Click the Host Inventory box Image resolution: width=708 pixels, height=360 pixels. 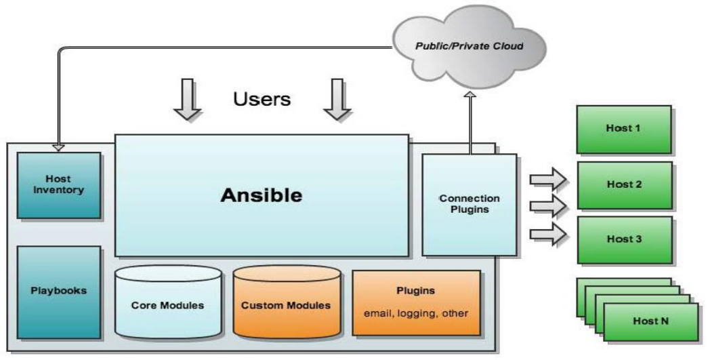[x=59, y=184]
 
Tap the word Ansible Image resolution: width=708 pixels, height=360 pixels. [x=261, y=195]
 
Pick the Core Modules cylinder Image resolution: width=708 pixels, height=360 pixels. [x=167, y=304]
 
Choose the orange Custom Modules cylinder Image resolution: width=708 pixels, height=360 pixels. [x=286, y=304]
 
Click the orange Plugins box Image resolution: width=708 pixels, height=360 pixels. [x=416, y=302]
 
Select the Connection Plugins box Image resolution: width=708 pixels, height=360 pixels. [x=469, y=205]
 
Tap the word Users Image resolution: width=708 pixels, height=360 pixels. [x=262, y=99]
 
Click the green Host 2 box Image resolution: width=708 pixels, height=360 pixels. [x=623, y=184]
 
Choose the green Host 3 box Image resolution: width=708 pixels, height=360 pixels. [x=623, y=239]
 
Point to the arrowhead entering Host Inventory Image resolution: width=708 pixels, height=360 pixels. [x=58, y=147]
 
